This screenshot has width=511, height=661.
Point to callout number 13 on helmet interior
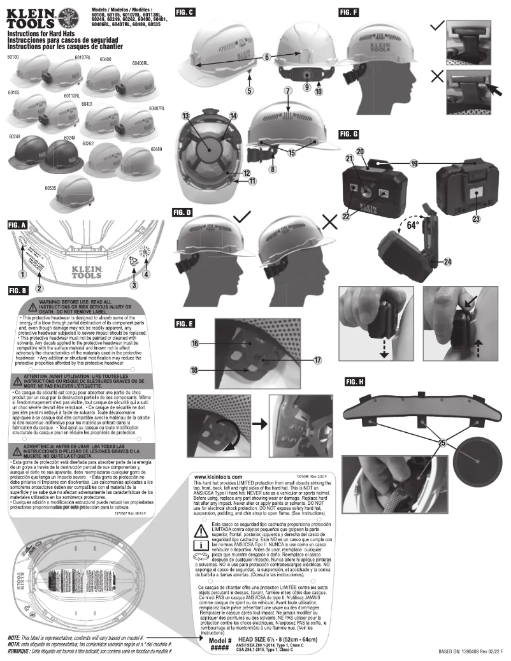[x=186, y=116]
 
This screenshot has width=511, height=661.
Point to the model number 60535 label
[x=52, y=189]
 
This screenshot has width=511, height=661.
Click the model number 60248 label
[x=15, y=137]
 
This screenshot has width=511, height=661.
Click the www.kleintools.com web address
[x=216, y=477]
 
